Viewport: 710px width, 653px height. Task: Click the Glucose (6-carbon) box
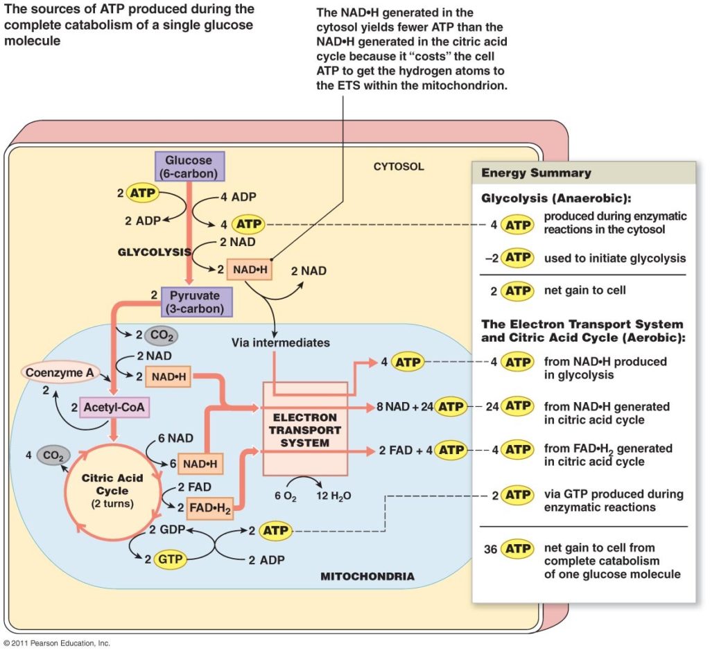(189, 166)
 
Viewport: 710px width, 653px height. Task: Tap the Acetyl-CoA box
(114, 408)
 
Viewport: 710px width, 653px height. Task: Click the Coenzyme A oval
(60, 372)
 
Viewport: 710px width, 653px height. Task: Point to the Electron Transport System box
(305, 429)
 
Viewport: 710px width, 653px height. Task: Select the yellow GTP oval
(169, 559)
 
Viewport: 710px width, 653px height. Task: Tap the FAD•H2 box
(210, 508)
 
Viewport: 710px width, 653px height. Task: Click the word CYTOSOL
(398, 167)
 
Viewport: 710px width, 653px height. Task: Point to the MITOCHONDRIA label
(367, 576)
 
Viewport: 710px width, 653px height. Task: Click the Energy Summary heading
(536, 173)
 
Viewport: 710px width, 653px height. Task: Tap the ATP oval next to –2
(517, 258)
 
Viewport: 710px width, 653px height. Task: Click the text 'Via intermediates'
(281, 342)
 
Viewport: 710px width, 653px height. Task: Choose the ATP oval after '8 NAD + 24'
(451, 406)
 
